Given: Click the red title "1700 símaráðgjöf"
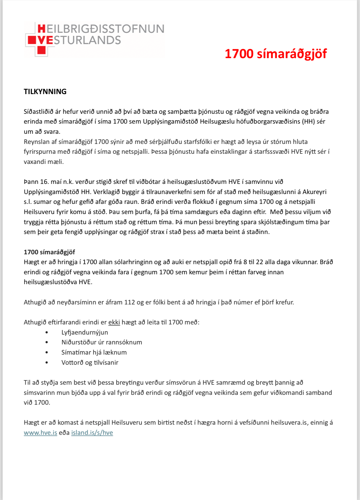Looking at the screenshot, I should coord(275,54).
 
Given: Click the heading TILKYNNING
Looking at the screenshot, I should coord(45,92).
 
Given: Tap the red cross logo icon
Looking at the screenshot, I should coord(36,40).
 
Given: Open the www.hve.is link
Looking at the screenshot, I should coord(41,433).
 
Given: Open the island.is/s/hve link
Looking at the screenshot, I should coord(92,433).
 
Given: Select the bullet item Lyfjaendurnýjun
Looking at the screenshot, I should coord(85,332).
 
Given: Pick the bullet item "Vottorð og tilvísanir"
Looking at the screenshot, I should coord(90,363).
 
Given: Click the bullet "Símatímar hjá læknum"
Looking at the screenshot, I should coord(94,352).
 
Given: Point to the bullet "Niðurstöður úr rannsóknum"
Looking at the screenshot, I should coord(102,342).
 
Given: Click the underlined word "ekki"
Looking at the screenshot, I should coord(114,322).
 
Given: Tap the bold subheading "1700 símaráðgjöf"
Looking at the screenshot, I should coord(50,252).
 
